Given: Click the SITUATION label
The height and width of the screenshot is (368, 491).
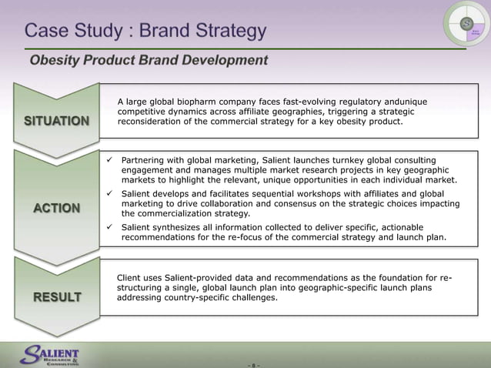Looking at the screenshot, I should click(56, 121).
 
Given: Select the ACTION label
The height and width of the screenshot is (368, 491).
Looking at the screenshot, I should click(56, 208).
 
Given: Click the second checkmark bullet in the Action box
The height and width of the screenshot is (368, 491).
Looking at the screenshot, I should click(110, 194).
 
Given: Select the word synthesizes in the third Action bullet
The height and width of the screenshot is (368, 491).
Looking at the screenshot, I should click(182, 228).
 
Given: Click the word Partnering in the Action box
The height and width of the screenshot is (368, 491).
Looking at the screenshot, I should click(146, 160).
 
